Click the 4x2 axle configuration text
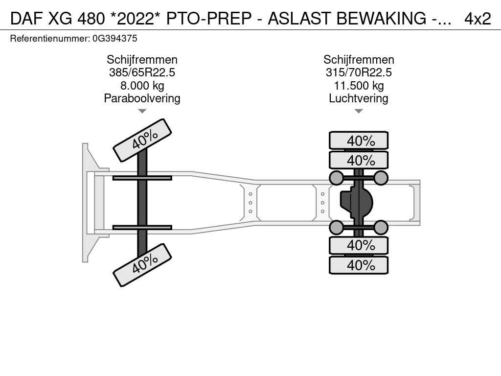(x=478, y=19)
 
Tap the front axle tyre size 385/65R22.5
(x=142, y=72)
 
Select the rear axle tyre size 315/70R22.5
(x=359, y=72)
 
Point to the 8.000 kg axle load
(x=142, y=86)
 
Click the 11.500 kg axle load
(x=359, y=86)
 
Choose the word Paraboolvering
(x=142, y=98)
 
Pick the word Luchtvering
(x=359, y=98)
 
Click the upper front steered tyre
(x=142, y=140)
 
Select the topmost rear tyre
(x=359, y=141)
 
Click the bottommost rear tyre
(x=359, y=265)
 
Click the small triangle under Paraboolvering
(x=142, y=111)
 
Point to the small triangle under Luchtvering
(x=359, y=111)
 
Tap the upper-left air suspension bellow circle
(x=336, y=178)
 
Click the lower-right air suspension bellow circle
(x=381, y=227)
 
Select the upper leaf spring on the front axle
(x=142, y=178)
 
